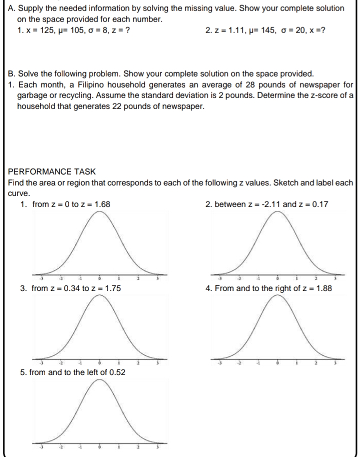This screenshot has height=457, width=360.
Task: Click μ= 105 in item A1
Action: pyautogui.click(x=70, y=30)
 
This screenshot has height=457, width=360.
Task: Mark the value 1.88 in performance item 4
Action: pyautogui.click(x=323, y=288)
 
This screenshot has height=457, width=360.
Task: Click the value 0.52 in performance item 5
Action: pyautogui.click(x=116, y=372)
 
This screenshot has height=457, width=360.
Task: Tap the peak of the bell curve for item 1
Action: pyautogui.click(x=99, y=212)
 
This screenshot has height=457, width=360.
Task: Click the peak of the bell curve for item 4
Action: pyautogui.click(x=278, y=296)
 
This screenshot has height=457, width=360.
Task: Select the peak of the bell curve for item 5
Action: pyautogui.click(x=99, y=379)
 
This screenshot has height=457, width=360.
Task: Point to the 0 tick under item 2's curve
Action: pyautogui.click(x=278, y=278)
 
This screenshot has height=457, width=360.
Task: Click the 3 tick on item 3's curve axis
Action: pyautogui.click(x=157, y=362)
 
